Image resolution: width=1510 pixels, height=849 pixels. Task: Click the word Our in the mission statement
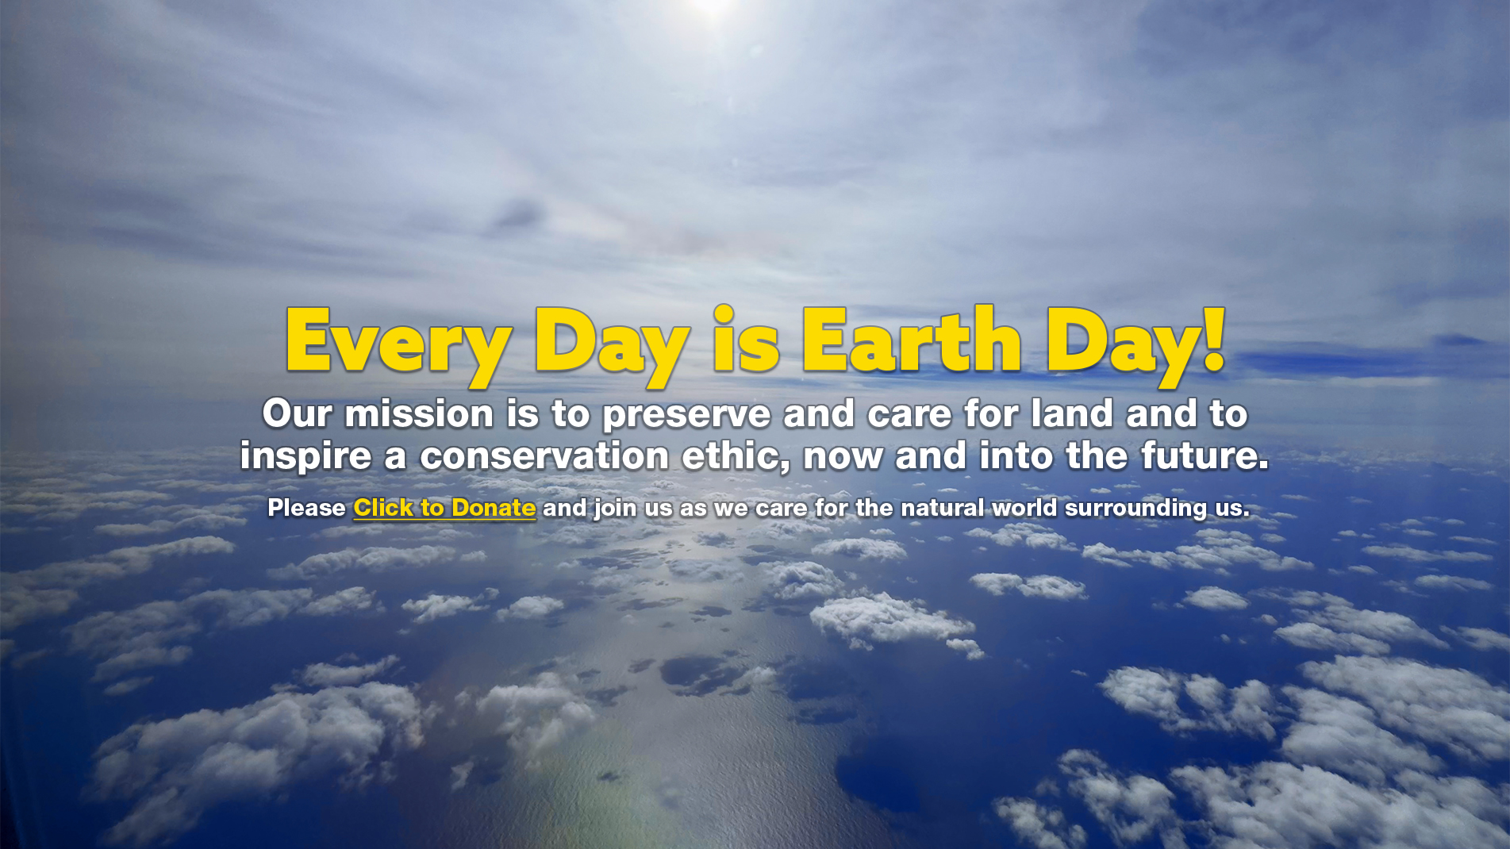(x=297, y=413)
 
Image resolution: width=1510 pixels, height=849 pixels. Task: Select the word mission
(x=420, y=413)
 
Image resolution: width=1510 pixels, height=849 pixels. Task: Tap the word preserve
(x=686, y=415)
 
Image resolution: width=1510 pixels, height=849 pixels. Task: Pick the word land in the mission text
(x=1072, y=413)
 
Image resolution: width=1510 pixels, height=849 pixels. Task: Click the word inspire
(x=305, y=457)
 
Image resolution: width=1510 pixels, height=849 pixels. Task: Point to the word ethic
(x=736, y=456)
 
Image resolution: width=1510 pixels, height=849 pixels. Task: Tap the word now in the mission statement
(x=843, y=459)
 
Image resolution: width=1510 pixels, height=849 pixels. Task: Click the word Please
(x=306, y=508)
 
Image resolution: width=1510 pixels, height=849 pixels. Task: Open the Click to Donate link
(x=444, y=508)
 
